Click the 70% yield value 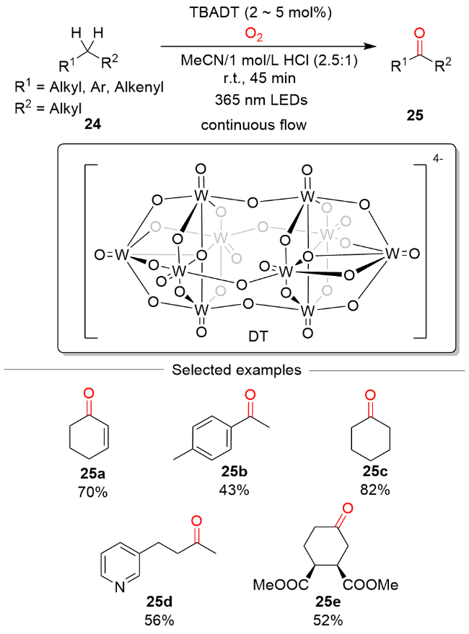89,491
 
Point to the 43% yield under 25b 233,491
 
